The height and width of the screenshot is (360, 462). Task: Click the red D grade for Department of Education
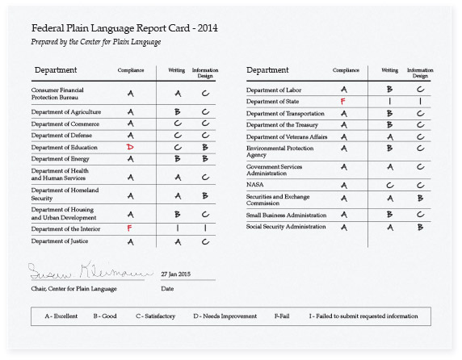130,148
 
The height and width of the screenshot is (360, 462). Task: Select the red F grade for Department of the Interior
130,228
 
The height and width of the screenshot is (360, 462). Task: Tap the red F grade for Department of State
343,102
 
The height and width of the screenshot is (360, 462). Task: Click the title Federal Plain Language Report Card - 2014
124,29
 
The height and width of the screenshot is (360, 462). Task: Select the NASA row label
255,185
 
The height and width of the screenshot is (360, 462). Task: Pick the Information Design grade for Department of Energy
205,160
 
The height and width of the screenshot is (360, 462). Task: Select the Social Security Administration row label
287,227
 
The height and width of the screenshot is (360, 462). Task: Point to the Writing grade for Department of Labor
389,90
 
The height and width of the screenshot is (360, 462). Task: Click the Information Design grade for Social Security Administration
420,227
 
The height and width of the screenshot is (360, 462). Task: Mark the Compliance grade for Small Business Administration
344,216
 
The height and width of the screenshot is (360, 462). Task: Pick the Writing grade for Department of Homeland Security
178,195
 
